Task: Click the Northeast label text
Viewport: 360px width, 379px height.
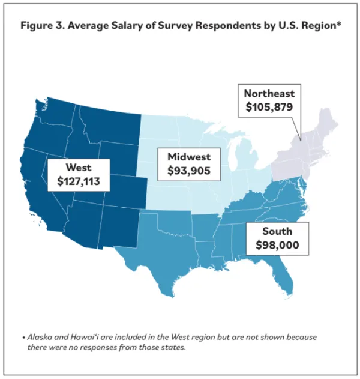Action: (x=270, y=94)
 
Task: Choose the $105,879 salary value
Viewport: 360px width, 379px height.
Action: (x=270, y=108)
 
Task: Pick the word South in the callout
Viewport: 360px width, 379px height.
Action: (x=277, y=231)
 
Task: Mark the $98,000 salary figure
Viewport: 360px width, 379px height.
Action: (x=277, y=245)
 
